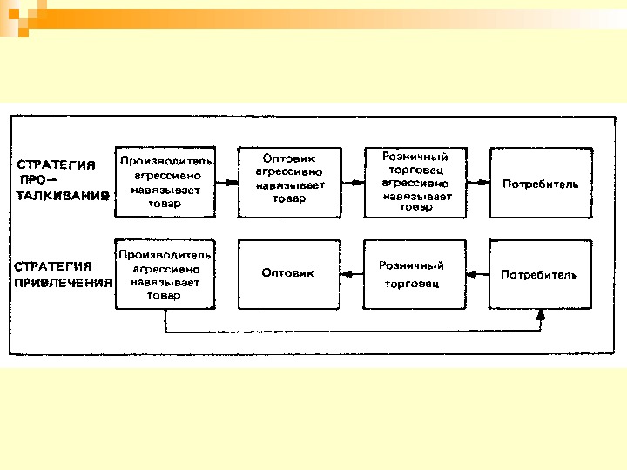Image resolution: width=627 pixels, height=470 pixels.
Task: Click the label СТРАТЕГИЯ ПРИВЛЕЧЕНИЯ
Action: pyautogui.click(x=63, y=274)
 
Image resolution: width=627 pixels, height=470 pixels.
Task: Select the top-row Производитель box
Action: pyautogui.click(x=165, y=183)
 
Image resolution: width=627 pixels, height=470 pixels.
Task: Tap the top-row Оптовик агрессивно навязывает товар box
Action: pyautogui.click(x=290, y=183)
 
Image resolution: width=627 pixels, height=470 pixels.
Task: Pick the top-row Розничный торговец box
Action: pyautogui.click(x=415, y=183)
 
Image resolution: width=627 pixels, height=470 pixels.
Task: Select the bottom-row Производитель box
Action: pyautogui.click(x=165, y=274)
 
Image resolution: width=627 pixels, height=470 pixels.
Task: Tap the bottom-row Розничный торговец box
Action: pyautogui.click(x=415, y=274)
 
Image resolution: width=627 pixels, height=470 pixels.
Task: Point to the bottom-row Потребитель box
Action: pyautogui.click(x=540, y=274)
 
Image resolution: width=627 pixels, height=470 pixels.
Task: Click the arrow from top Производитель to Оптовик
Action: pyautogui.click(x=226, y=183)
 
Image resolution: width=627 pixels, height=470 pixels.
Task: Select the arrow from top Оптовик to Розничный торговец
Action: pyautogui.click(x=353, y=183)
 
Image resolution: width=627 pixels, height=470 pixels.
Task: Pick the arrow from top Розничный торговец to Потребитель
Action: pyautogui.click(x=477, y=183)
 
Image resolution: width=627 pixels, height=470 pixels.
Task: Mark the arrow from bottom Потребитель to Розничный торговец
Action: pyautogui.click(x=477, y=274)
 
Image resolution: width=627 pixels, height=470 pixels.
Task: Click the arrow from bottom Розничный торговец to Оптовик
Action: pyautogui.click(x=353, y=274)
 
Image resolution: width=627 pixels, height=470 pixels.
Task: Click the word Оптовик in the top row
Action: pyautogui.click(x=291, y=158)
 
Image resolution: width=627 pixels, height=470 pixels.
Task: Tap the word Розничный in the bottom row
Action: pyautogui.click(x=411, y=265)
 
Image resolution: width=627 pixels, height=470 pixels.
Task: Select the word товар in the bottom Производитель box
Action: pyautogui.click(x=164, y=296)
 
